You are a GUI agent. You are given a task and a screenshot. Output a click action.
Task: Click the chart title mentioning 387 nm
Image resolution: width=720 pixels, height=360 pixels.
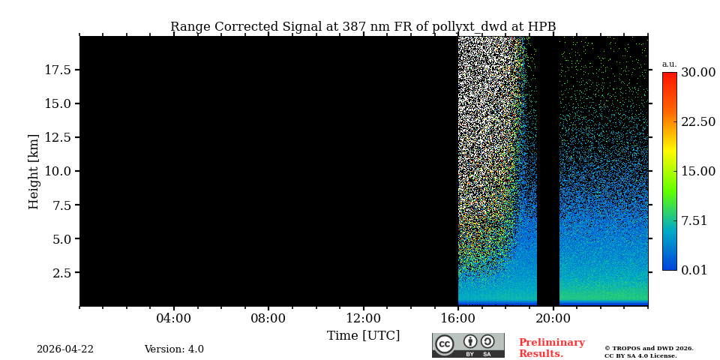(363, 27)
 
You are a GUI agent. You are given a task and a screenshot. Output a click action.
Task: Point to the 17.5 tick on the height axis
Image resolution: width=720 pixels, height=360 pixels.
(57, 70)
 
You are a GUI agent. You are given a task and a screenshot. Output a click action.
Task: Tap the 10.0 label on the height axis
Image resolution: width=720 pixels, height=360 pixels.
(57, 171)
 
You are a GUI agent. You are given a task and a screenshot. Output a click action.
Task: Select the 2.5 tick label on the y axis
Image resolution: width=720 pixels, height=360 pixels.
(61, 273)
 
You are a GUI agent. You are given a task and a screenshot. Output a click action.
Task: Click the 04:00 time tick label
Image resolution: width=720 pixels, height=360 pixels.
(173, 319)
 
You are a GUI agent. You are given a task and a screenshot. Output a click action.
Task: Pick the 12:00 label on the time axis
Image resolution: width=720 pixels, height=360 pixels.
(363, 319)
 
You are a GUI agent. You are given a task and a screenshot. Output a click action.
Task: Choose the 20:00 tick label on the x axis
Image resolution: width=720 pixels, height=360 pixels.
(553, 319)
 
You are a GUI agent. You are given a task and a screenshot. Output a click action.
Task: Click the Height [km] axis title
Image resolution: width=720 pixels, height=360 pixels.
(34, 171)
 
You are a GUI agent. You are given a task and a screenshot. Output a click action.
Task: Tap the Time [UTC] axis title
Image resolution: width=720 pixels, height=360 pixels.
(363, 335)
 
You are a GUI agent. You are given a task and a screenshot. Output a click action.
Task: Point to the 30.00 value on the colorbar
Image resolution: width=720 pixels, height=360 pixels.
(697, 73)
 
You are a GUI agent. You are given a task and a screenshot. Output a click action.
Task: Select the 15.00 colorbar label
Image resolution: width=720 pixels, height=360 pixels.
(697, 172)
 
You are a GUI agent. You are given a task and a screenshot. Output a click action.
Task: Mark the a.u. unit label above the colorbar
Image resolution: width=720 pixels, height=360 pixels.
(669, 64)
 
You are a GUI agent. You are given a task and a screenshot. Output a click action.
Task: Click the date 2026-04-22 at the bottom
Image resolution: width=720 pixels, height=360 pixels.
(65, 349)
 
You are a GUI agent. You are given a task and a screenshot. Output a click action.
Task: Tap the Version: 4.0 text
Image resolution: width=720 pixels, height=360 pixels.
(174, 349)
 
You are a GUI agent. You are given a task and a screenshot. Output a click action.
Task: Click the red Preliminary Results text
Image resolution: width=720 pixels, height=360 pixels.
(551, 348)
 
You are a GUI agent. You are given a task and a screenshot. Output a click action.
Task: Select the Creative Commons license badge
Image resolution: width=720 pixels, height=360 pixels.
(468, 345)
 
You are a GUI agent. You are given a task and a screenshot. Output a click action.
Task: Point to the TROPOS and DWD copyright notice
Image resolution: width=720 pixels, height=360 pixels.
(649, 352)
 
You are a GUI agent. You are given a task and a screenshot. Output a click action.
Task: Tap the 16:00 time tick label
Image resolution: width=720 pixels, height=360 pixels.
(458, 319)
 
